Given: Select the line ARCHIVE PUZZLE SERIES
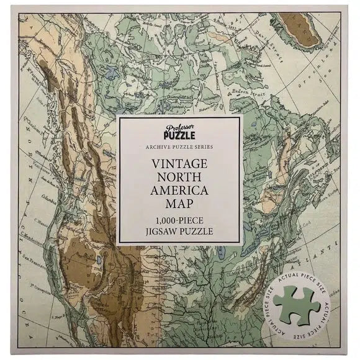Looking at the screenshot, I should point(179,146).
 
